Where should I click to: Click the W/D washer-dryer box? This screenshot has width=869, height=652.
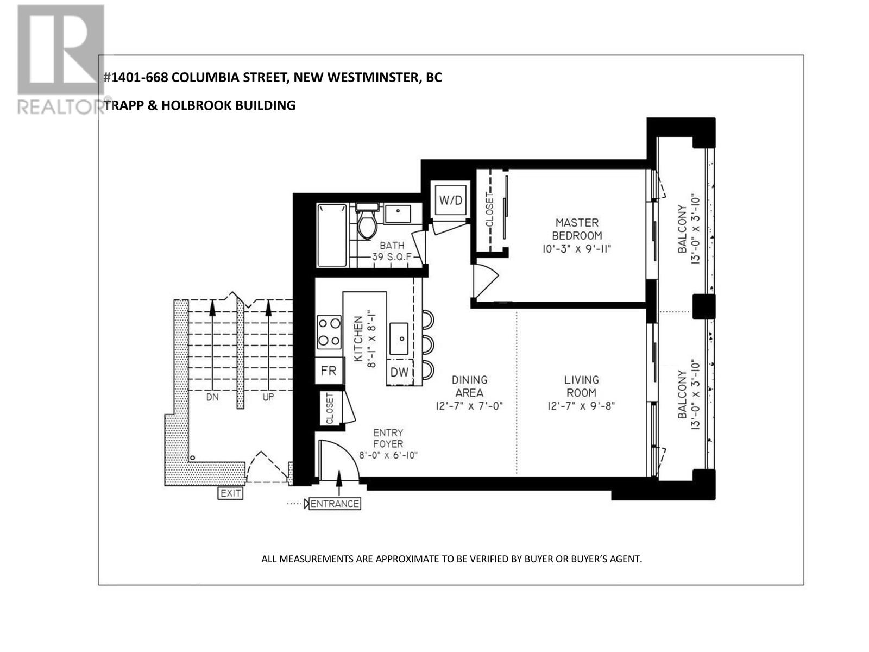click(451, 200)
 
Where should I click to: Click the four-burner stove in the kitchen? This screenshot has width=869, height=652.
click(329, 331)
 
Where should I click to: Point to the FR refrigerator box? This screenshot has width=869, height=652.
click(329, 371)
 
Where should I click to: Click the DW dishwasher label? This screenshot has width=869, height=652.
click(399, 372)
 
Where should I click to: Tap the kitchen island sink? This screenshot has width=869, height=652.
click(399, 338)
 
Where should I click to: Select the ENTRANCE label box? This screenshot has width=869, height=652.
click(335, 504)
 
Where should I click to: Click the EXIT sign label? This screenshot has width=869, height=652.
click(230, 493)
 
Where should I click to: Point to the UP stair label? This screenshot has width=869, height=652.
click(268, 397)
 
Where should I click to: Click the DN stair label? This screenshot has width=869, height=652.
click(212, 397)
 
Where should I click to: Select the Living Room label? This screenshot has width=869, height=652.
click(581, 386)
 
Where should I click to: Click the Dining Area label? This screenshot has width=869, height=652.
click(469, 386)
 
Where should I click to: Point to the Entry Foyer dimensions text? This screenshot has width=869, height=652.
click(388, 456)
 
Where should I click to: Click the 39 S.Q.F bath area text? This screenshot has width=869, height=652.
click(391, 257)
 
